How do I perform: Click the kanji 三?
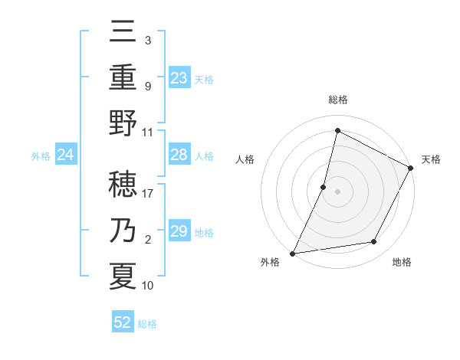(123, 35)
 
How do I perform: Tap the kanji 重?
(123, 79)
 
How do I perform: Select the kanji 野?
(123, 123)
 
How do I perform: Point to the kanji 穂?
(123, 185)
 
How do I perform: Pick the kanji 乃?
(123, 231)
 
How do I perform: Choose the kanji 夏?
(123, 276)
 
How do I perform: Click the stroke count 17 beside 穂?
(148, 193)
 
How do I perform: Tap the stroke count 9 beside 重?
(147, 87)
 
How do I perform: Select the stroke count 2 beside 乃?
(147, 240)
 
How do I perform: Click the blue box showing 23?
(179, 77)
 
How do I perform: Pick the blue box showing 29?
(179, 231)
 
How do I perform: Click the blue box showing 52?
(123, 322)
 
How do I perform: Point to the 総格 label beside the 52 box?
(147, 324)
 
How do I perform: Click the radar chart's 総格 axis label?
(337, 100)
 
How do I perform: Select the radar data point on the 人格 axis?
(324, 187)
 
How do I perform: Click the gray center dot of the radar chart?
(337, 191)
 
